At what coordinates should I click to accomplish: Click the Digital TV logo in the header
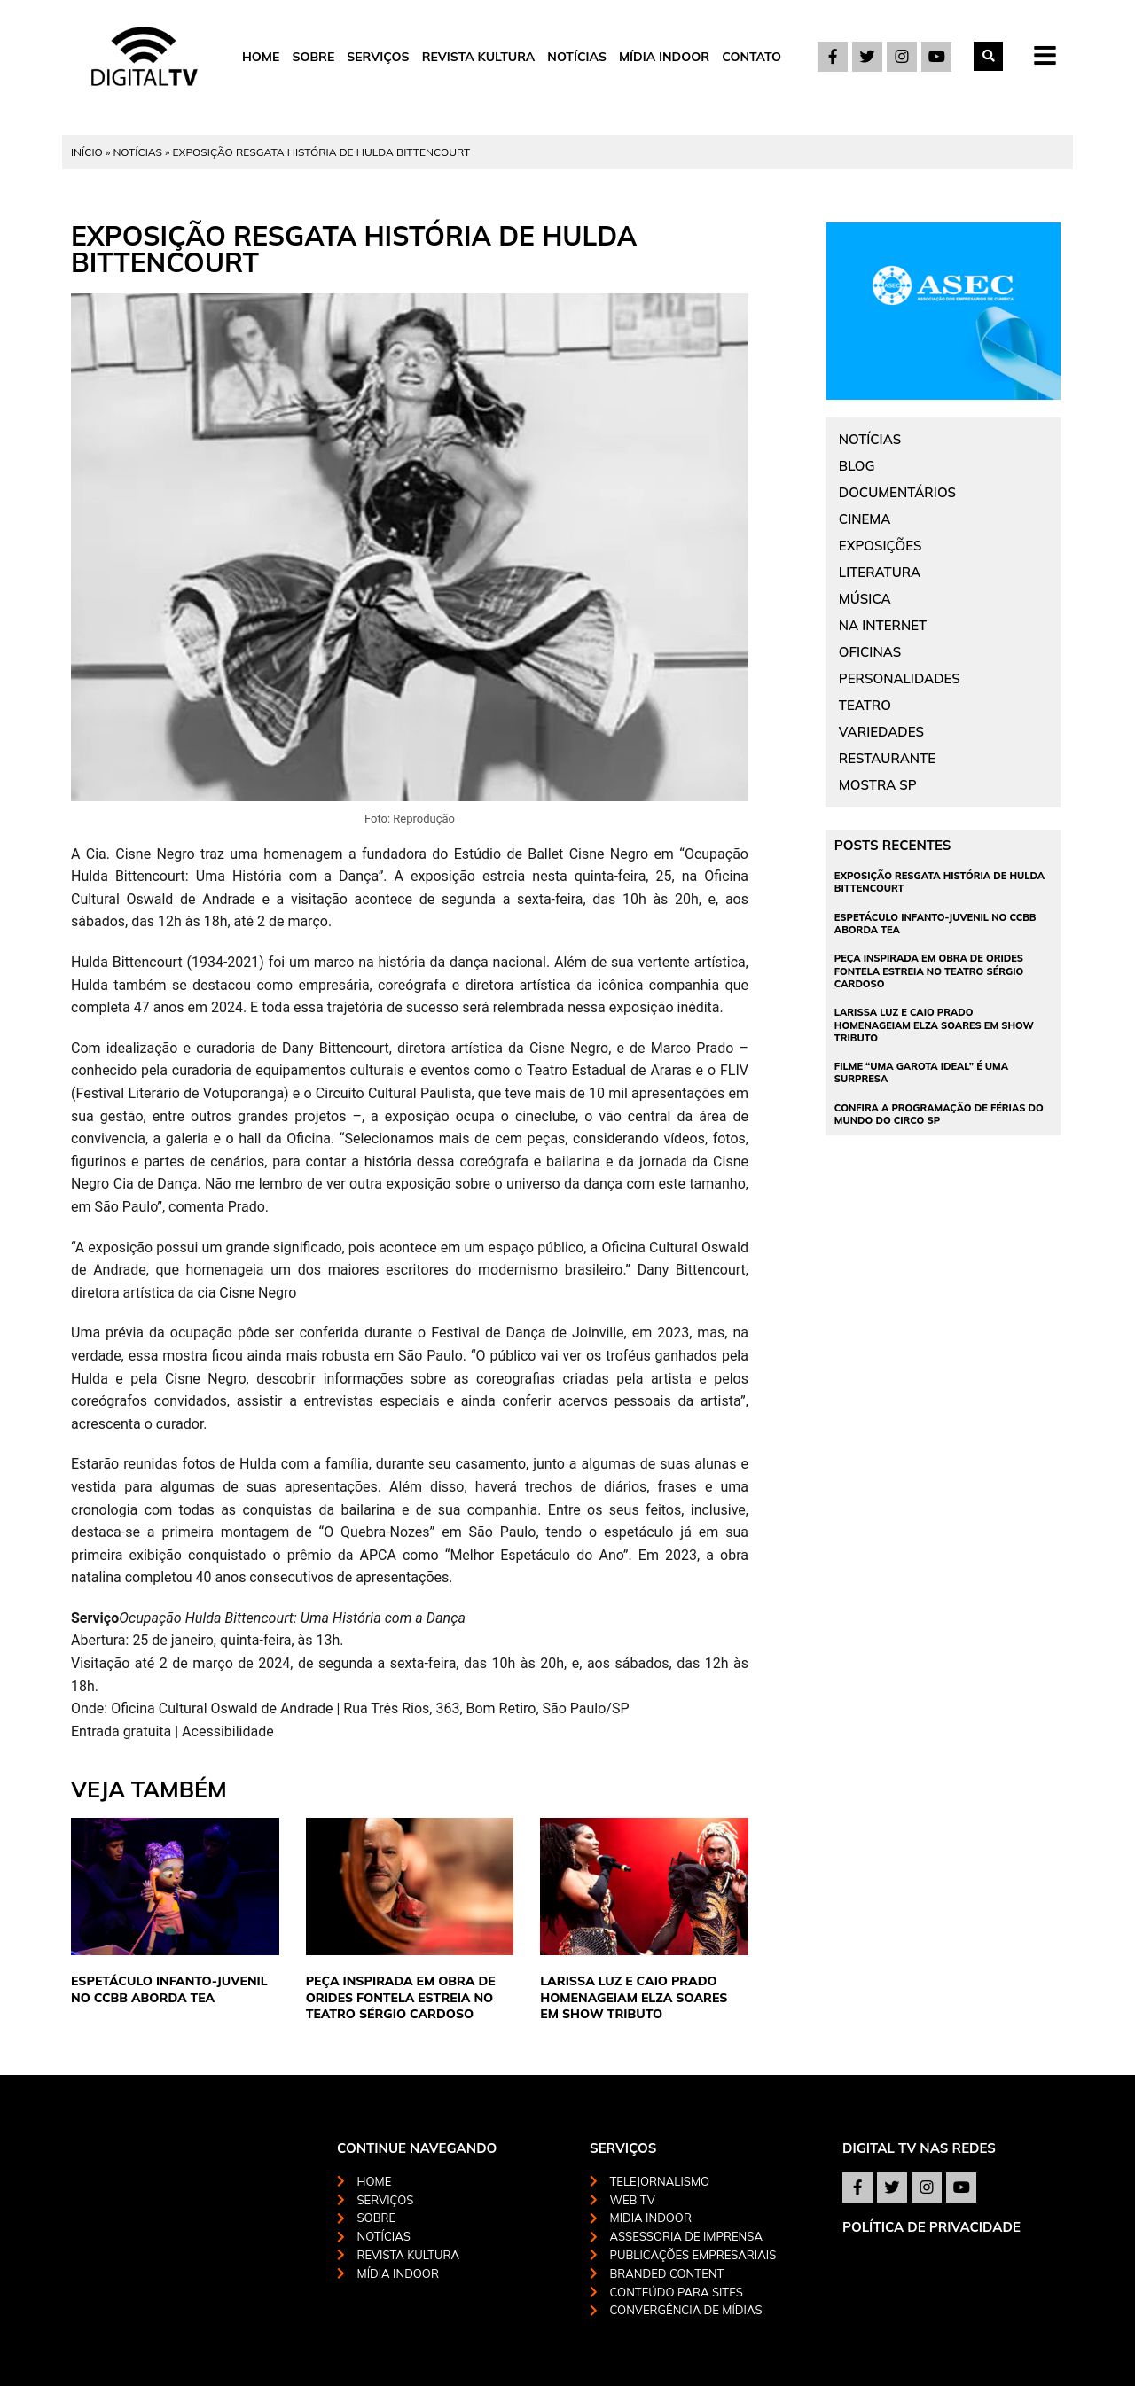[144, 58]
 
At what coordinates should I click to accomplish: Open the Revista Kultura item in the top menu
[477, 57]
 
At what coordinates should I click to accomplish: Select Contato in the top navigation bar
[750, 57]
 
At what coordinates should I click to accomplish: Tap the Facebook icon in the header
[832, 57]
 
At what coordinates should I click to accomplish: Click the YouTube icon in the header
[935, 57]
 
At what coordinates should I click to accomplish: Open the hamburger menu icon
[1045, 57]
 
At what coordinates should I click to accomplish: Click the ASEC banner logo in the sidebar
[943, 285]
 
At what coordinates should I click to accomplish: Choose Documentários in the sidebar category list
[896, 493]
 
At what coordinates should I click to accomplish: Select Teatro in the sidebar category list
[864, 705]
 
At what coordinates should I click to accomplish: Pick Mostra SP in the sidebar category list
[876, 784]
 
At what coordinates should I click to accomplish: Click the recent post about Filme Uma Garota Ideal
[920, 1072]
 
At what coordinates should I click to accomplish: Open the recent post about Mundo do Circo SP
[937, 1113]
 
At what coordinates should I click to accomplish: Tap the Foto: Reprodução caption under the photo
[409, 819]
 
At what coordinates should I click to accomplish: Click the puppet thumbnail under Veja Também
[174, 1886]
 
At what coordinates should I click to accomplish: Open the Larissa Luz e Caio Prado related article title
[633, 1997]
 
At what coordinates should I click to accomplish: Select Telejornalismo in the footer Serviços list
[658, 2181]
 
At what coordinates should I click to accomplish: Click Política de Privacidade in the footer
[930, 2226]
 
